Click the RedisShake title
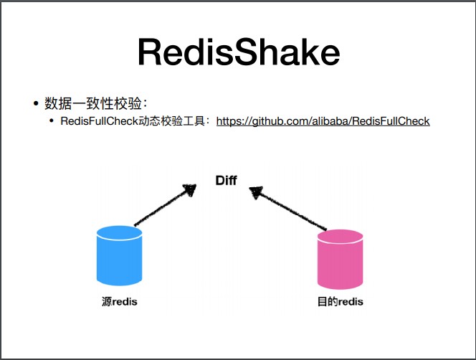238,53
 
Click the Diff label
226,180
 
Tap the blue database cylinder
119,257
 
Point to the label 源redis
119,301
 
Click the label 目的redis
340,301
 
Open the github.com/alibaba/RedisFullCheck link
323,121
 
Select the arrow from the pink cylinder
290,210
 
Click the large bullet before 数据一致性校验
34,104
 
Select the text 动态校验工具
172,121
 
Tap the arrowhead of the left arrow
189,190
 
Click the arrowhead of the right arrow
255,192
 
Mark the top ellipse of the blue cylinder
119,233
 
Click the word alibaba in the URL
331,121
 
